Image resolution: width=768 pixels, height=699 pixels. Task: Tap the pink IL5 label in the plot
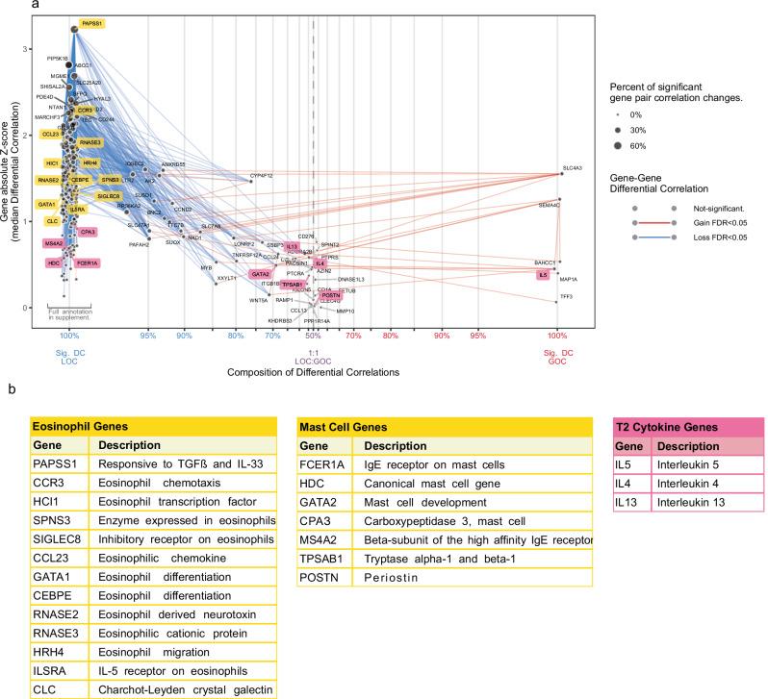click(544, 275)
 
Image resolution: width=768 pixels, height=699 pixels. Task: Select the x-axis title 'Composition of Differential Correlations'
click(313, 371)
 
